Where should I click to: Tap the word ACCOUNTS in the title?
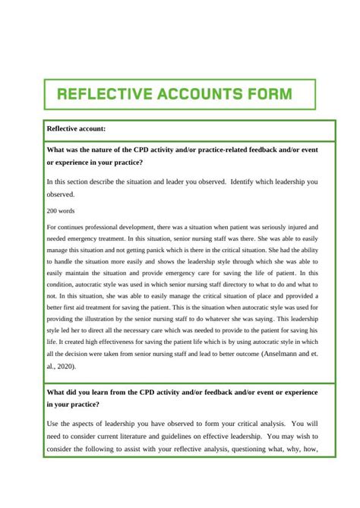click(x=194, y=95)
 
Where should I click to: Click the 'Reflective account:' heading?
click(x=76, y=129)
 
